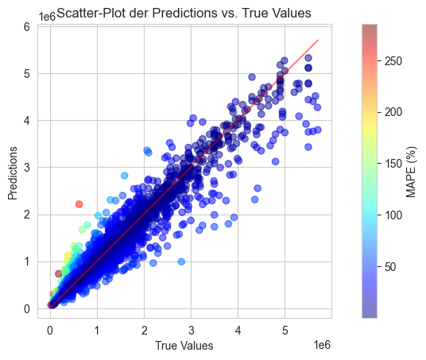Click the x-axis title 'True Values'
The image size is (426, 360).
(x=184, y=346)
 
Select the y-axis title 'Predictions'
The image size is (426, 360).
(x=13, y=173)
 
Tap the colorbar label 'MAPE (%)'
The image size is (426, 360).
(x=411, y=172)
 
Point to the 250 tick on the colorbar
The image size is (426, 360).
(x=393, y=61)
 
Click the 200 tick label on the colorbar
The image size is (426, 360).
(x=393, y=112)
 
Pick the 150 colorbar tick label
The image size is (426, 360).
(x=393, y=164)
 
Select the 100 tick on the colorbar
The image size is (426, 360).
(x=393, y=215)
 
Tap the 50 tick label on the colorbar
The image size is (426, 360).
(x=390, y=267)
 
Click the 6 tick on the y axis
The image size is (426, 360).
(x=27, y=27)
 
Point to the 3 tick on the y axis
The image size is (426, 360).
(x=27, y=168)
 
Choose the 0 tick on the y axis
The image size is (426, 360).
(x=27, y=309)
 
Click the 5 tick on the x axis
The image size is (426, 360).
(x=285, y=331)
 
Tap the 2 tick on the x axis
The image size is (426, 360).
(x=145, y=331)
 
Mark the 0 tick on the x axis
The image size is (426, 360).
(x=50, y=331)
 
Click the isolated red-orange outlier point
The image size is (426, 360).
(x=79, y=204)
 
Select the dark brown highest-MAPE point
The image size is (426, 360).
(x=58, y=273)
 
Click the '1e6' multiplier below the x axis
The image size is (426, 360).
(x=322, y=345)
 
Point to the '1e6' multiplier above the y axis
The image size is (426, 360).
(x=47, y=17)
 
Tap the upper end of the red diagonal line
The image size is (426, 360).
(x=318, y=41)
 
